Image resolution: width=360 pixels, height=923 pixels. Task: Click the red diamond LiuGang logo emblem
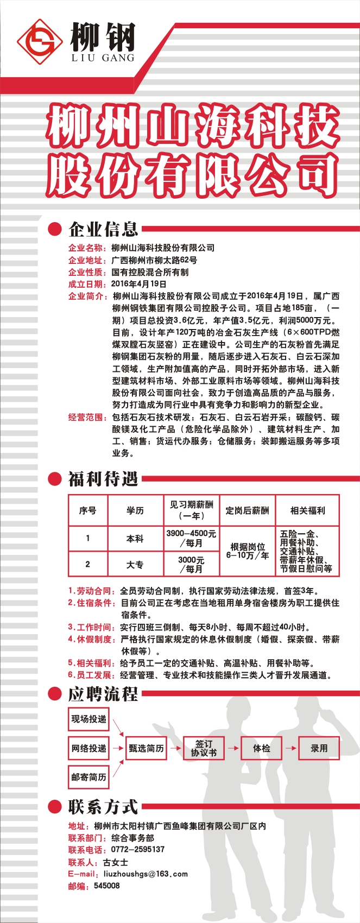point(39,42)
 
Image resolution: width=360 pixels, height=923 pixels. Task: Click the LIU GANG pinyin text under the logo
point(103,58)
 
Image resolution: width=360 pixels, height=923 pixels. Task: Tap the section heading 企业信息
point(103,229)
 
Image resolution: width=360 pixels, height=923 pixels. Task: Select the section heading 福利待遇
point(103,479)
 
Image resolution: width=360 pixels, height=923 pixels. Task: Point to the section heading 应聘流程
point(103,694)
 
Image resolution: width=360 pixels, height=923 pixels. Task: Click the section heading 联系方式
point(103,807)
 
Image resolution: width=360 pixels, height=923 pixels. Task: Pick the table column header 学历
point(135,510)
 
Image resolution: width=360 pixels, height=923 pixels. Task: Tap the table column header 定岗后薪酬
point(247,510)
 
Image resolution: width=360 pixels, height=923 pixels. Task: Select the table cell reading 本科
point(135,539)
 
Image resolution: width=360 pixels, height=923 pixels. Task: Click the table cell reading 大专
point(135,565)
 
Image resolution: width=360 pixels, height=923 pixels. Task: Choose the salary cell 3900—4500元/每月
point(191,539)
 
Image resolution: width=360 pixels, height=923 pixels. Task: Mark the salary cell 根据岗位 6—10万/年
point(247,551)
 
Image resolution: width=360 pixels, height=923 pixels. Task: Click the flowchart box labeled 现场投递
point(89,719)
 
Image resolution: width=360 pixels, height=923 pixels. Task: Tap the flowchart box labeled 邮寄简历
point(89,777)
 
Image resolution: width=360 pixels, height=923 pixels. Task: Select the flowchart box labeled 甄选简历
point(146,748)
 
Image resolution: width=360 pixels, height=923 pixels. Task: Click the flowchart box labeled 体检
point(261,748)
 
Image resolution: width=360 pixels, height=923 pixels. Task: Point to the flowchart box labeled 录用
point(319,748)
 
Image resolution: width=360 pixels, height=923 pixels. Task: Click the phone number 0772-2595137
point(137,850)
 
